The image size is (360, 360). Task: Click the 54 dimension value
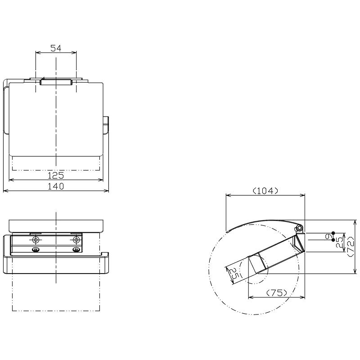(x=56, y=48)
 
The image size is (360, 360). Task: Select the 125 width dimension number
(x=56, y=175)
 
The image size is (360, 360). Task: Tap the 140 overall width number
(x=56, y=186)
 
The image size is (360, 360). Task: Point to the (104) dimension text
(x=265, y=191)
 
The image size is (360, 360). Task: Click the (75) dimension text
(x=277, y=292)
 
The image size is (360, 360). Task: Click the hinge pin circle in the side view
(x=298, y=229)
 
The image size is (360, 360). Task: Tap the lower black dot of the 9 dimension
(x=333, y=240)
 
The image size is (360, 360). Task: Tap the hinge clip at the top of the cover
(x=56, y=82)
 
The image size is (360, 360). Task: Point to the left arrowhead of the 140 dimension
(x=4, y=191)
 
